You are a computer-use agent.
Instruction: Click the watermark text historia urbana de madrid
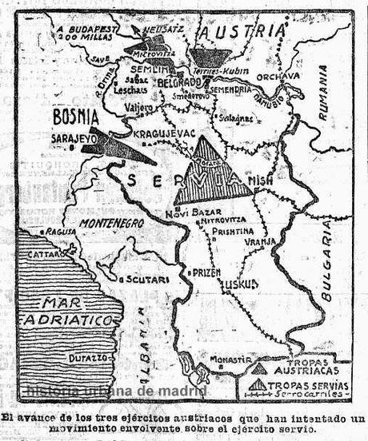pyautogui.click(x=116, y=390)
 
